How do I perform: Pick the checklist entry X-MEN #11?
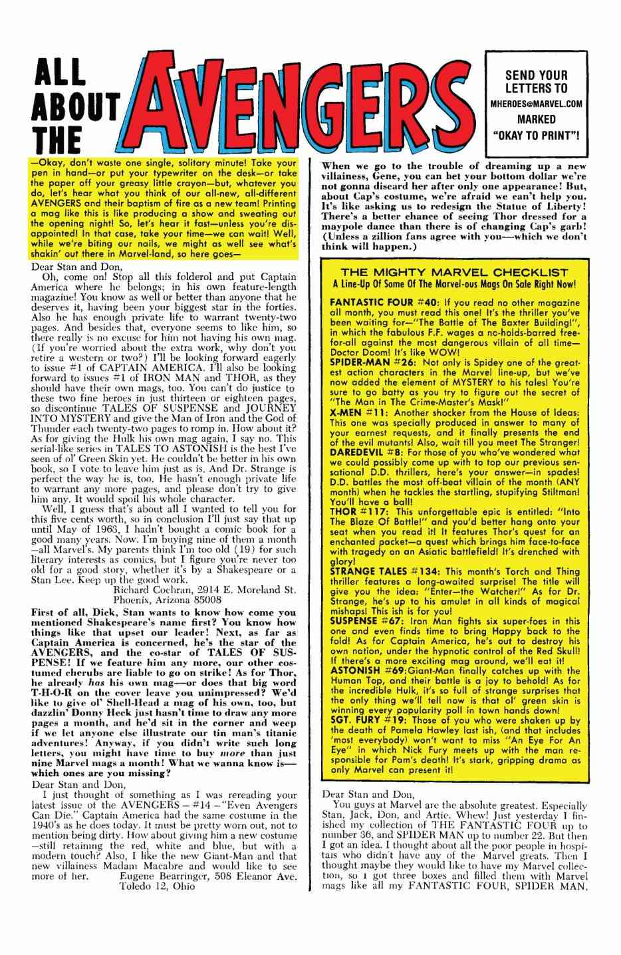pyautogui.click(x=352, y=413)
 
